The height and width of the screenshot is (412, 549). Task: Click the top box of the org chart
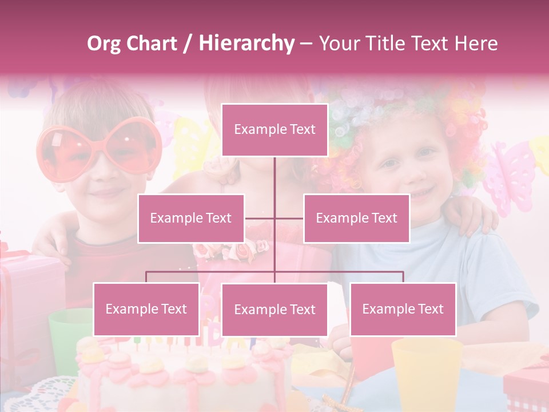point(274,130)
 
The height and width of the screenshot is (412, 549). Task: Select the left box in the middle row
point(190,218)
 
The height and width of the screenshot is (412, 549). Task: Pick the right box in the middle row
point(356,218)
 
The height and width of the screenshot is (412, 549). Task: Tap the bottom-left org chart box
point(146,309)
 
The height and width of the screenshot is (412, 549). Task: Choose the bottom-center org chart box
point(274,310)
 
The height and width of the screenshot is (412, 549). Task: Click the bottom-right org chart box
point(403,309)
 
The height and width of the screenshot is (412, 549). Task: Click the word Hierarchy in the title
point(246,43)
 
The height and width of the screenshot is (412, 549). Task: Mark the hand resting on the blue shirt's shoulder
point(469,217)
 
